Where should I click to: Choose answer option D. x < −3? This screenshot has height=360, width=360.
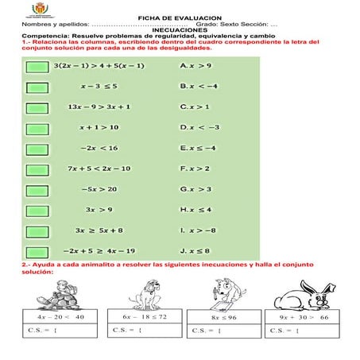point(199,127)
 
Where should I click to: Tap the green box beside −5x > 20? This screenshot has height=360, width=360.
point(37,189)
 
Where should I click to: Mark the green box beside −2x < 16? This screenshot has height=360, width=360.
point(37,148)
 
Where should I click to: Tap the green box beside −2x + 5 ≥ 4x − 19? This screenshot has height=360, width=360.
point(37,251)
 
